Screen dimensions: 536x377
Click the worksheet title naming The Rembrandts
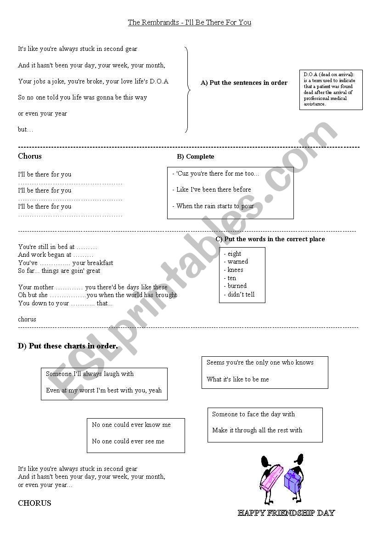click(189, 22)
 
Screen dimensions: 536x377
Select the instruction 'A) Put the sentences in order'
click(244, 83)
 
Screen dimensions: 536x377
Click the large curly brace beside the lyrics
click(187, 89)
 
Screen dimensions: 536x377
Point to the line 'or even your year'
click(42, 114)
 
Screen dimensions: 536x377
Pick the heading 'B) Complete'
click(196, 157)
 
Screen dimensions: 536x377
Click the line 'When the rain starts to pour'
click(215, 206)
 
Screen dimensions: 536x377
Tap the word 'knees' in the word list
click(235, 270)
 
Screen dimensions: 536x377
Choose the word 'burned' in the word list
click(237, 286)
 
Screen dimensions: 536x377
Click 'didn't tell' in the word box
click(241, 295)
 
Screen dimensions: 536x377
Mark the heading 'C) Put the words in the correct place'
click(270, 239)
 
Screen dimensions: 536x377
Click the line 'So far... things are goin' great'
click(59, 271)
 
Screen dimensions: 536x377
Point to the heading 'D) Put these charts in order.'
click(68, 346)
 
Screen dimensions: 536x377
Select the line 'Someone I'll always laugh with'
click(90, 374)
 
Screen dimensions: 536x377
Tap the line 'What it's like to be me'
click(238, 380)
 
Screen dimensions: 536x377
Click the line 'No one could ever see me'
click(128, 442)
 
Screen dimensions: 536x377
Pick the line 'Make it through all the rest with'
click(257, 431)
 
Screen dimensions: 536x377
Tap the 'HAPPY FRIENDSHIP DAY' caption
click(287, 513)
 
